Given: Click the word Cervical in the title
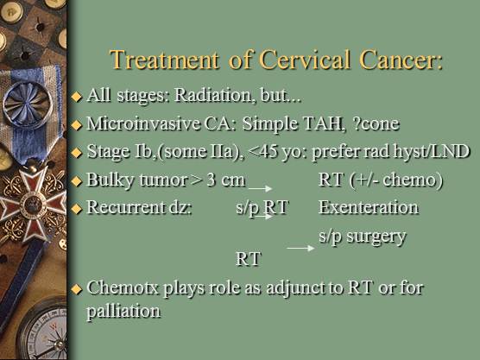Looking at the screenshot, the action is [x=305, y=60].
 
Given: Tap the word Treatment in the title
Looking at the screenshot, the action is [x=164, y=60].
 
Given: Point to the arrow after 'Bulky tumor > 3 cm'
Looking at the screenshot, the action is [x=260, y=188].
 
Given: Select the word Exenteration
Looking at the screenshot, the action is [x=369, y=207].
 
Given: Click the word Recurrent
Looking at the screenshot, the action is [x=126, y=207].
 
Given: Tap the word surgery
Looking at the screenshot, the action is [x=376, y=237].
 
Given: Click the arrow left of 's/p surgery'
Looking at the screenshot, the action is [x=300, y=248].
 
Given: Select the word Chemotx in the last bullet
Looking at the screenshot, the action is [x=123, y=287].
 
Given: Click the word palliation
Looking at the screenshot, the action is [x=123, y=312].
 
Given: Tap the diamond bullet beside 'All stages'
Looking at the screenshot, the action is [x=77, y=96].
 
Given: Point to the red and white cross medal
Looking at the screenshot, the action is [x=33, y=205].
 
